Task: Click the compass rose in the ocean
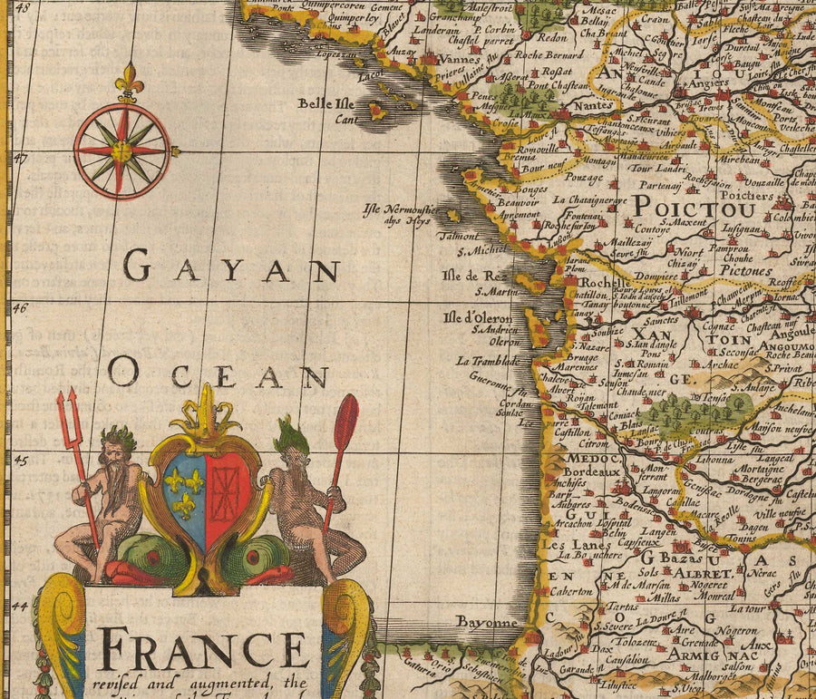[121, 150]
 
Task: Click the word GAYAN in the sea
[231, 267]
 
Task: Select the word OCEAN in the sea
[218, 373]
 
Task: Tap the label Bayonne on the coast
[487, 623]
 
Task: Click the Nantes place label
[594, 105]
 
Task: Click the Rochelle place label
[588, 282]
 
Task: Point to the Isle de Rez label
[471, 275]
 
